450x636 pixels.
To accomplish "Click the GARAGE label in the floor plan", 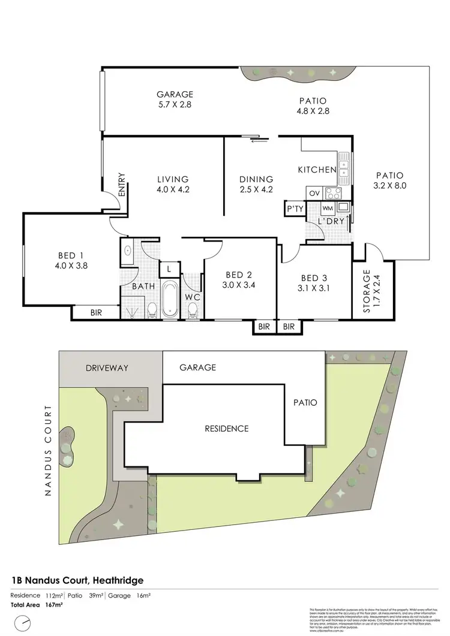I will click(x=175, y=94).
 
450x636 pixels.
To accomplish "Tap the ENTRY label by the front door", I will click(x=122, y=185).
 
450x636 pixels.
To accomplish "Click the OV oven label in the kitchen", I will click(x=314, y=193).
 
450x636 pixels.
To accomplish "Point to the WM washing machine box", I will click(x=327, y=208).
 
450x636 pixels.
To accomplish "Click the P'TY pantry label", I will click(x=294, y=209).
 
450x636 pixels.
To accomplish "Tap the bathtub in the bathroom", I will click(x=169, y=299).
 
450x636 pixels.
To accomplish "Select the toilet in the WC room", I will click(x=193, y=310).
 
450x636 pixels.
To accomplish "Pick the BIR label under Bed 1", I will click(x=96, y=312).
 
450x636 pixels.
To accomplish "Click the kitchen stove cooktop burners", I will click(x=332, y=193).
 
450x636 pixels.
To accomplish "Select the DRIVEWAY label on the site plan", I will click(x=107, y=368).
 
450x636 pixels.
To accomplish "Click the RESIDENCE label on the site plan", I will click(x=226, y=429).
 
